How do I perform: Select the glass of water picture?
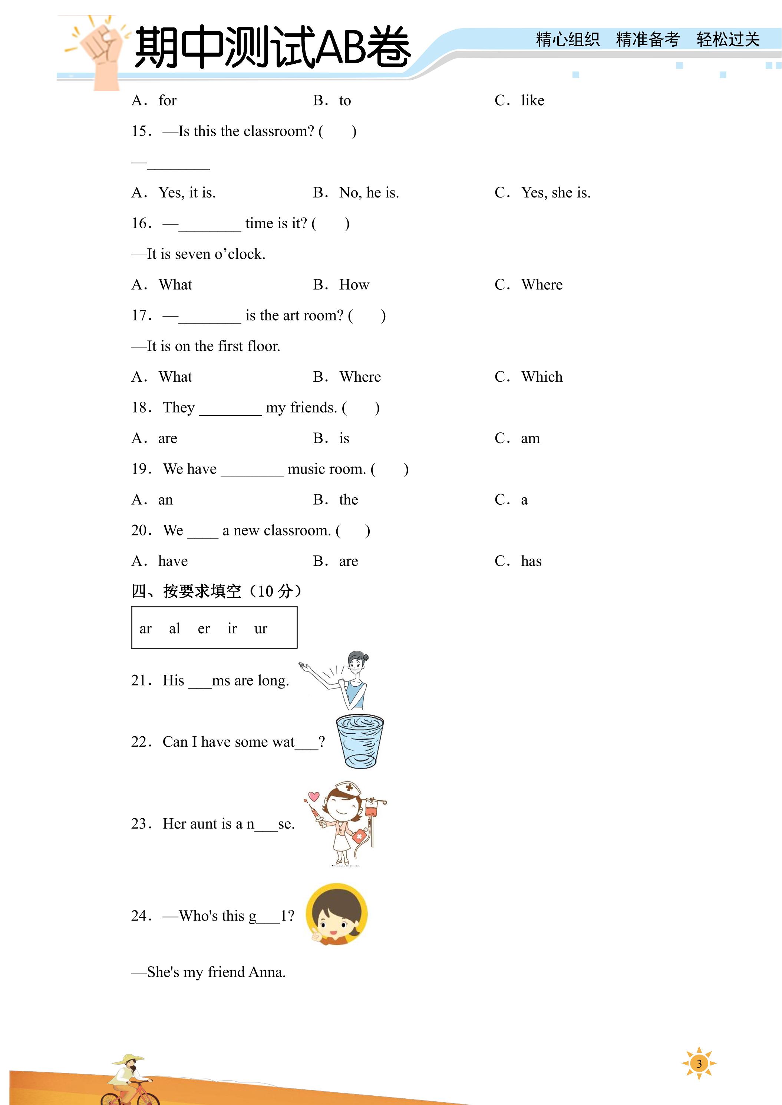pyautogui.click(x=360, y=741)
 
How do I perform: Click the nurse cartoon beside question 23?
pyautogui.click(x=345, y=823)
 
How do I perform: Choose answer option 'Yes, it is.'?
pyautogui.click(x=187, y=193)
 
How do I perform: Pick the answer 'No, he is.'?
pyautogui.click(x=369, y=193)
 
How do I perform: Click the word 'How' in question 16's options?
pyautogui.click(x=354, y=285)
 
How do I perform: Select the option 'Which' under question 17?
pyautogui.click(x=542, y=377)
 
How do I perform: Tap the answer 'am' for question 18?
pyautogui.click(x=530, y=438)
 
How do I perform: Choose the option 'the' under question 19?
pyautogui.click(x=348, y=500)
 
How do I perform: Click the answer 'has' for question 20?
pyautogui.click(x=531, y=561)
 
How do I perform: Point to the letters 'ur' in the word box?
pyautogui.click(x=261, y=628)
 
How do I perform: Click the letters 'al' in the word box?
pyautogui.click(x=174, y=628)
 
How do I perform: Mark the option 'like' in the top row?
pyautogui.click(x=532, y=100)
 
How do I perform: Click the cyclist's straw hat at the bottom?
pyautogui.click(x=128, y=1059)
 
